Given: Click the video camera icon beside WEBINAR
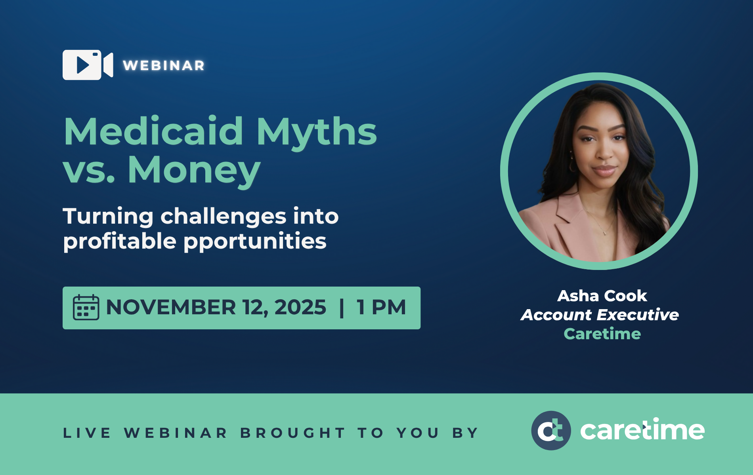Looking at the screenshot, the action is click(88, 65).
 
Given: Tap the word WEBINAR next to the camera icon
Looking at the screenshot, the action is click(164, 65).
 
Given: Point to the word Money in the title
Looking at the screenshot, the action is click(194, 171).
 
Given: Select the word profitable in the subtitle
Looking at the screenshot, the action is click(120, 241).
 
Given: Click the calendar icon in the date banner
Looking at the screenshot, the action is click(86, 307).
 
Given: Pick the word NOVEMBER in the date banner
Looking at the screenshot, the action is click(171, 307).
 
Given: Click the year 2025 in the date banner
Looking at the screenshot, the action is click(300, 307).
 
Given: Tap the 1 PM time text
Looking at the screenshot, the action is click(381, 307).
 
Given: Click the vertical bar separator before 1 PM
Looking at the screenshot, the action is click(342, 308).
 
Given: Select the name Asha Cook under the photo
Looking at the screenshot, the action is click(602, 296).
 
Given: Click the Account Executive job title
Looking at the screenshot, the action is click(600, 315).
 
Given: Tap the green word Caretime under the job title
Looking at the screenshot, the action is click(602, 334).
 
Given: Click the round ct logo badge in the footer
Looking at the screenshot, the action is click(551, 431).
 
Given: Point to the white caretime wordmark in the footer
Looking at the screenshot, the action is click(642, 429).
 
